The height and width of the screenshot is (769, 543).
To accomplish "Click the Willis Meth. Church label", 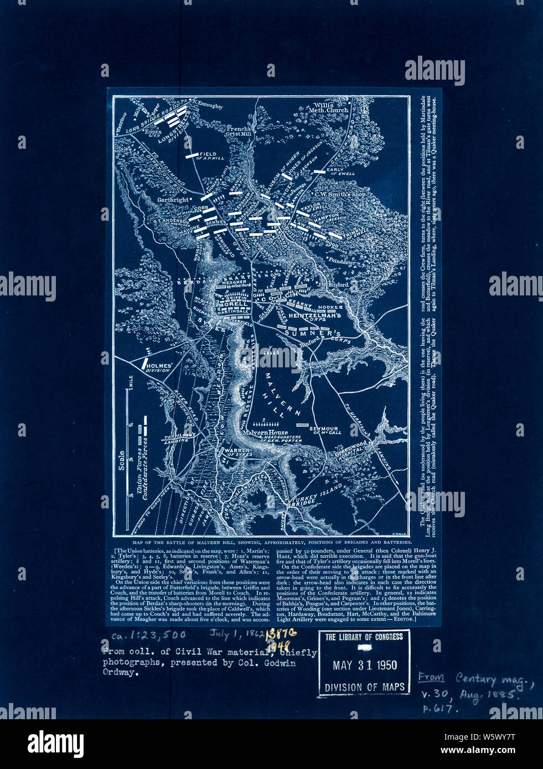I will [331, 107].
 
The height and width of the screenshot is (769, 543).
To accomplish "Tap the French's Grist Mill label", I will [240, 132].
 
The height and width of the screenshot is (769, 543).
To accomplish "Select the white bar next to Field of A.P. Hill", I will [192, 156].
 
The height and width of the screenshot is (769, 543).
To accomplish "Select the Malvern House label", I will [265, 432].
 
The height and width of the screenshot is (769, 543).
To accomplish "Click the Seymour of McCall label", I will [325, 429].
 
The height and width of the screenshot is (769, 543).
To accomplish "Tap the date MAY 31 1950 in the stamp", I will [365, 664].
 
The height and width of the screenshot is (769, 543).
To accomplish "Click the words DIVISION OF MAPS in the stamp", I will [365, 687].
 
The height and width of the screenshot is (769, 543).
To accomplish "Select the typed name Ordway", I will [119, 673].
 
